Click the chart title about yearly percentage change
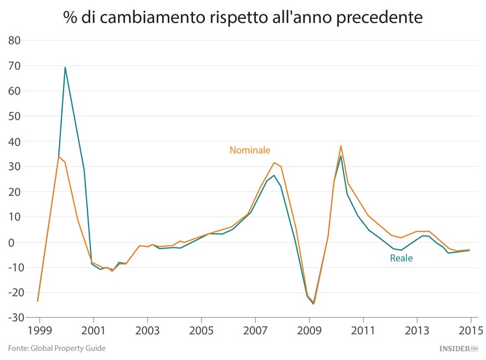(242, 16)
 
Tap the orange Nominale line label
(249, 150)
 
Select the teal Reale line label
(401, 258)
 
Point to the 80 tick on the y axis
(14, 40)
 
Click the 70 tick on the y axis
(14, 66)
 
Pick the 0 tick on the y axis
(18, 242)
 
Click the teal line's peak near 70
(65, 67)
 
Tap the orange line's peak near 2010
(341, 145)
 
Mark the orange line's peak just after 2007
(274, 163)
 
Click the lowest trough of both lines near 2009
(314, 304)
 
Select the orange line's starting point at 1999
(38, 301)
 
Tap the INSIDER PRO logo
(457, 349)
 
